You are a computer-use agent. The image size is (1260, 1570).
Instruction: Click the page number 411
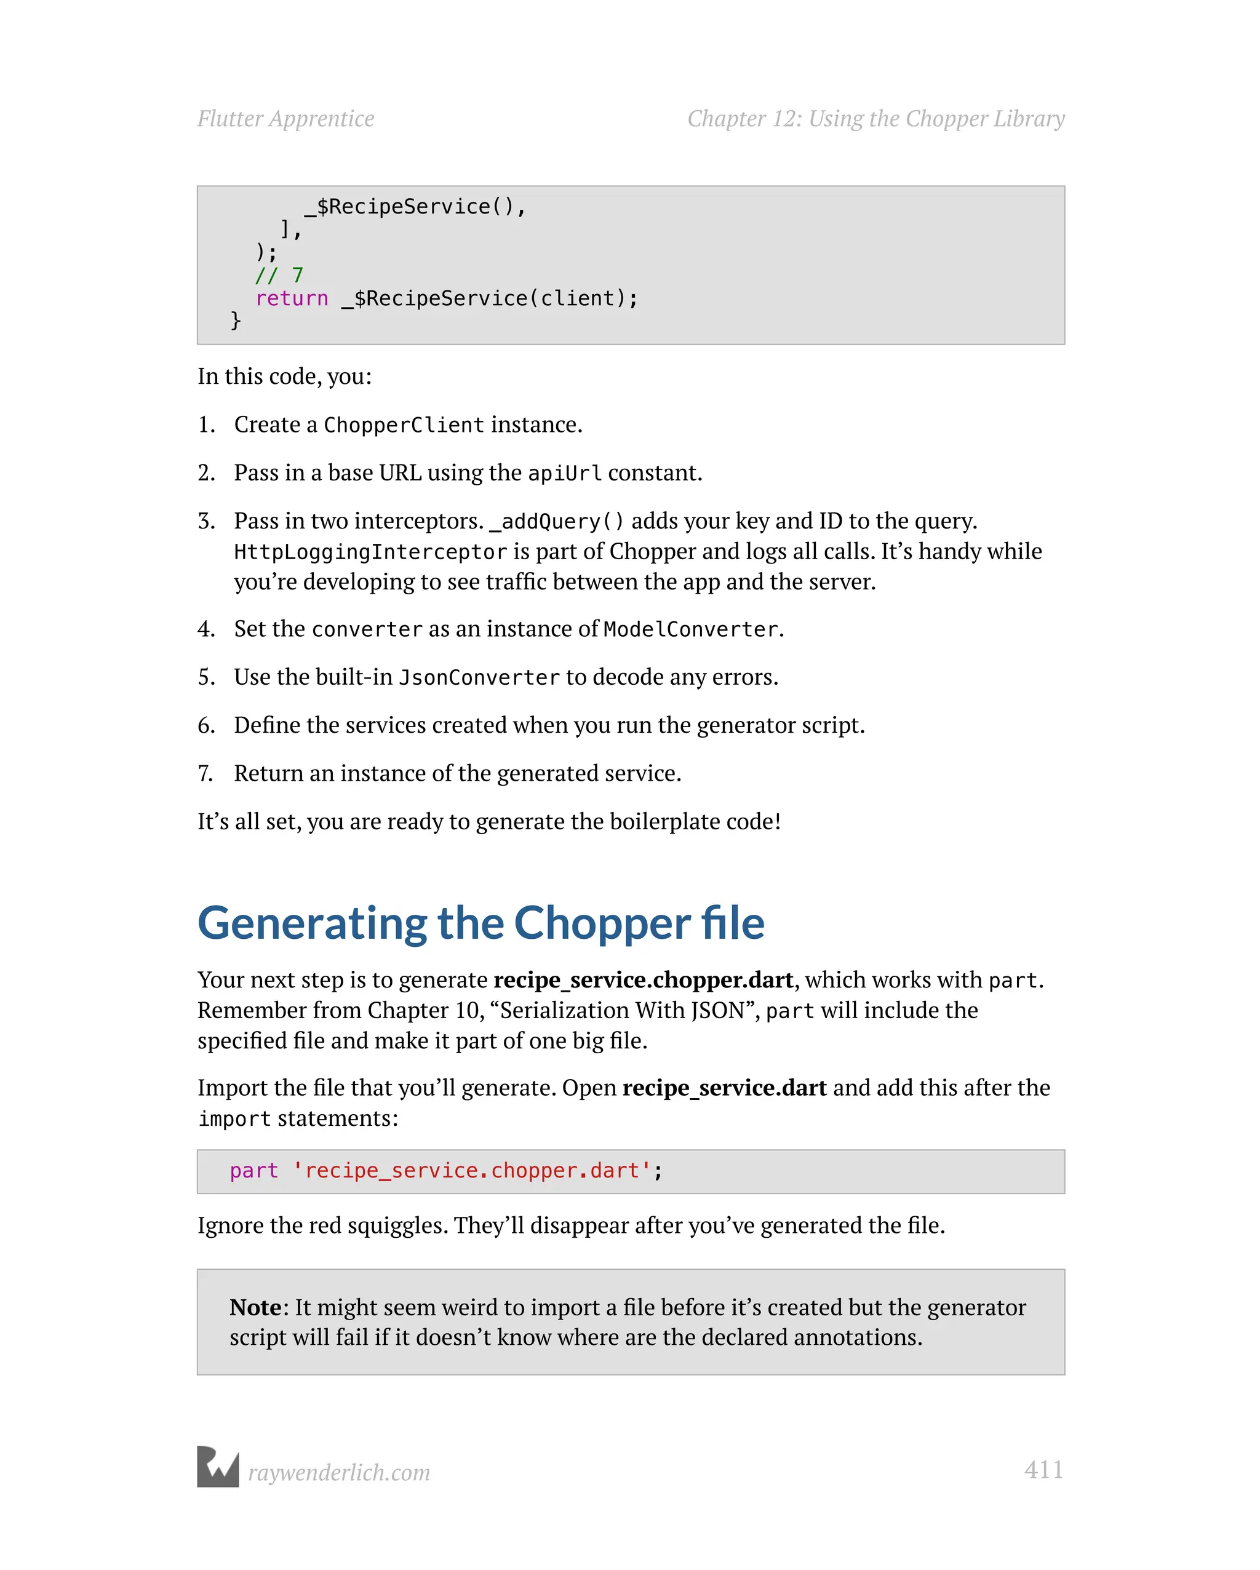click(x=1043, y=1470)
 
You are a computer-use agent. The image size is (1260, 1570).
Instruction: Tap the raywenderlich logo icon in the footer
click(x=218, y=1467)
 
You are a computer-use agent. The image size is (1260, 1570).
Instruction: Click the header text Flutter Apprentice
click(x=285, y=119)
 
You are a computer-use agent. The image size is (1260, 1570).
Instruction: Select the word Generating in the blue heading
click(x=312, y=924)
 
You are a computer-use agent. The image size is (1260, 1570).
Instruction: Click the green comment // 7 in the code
click(x=279, y=275)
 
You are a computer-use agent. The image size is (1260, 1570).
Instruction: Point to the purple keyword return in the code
click(x=292, y=298)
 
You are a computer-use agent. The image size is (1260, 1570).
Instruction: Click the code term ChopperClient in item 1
click(x=404, y=425)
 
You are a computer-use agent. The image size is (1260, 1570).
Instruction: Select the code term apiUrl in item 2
click(x=564, y=473)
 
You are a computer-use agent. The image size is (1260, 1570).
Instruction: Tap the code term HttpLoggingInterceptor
click(x=370, y=552)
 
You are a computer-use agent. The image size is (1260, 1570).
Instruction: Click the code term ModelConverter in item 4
click(x=690, y=629)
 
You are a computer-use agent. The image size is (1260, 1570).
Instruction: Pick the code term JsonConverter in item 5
click(x=479, y=678)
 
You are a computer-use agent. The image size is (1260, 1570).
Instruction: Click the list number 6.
click(x=206, y=725)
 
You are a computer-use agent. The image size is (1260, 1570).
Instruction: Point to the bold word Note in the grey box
click(x=255, y=1308)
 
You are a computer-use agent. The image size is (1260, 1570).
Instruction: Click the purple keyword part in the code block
click(x=253, y=1171)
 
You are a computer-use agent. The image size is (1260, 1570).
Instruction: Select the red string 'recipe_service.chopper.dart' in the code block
click(x=472, y=1171)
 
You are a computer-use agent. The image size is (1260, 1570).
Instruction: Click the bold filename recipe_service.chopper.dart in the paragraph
click(x=643, y=980)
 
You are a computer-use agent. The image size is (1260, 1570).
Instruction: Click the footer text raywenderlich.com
click(x=338, y=1472)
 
